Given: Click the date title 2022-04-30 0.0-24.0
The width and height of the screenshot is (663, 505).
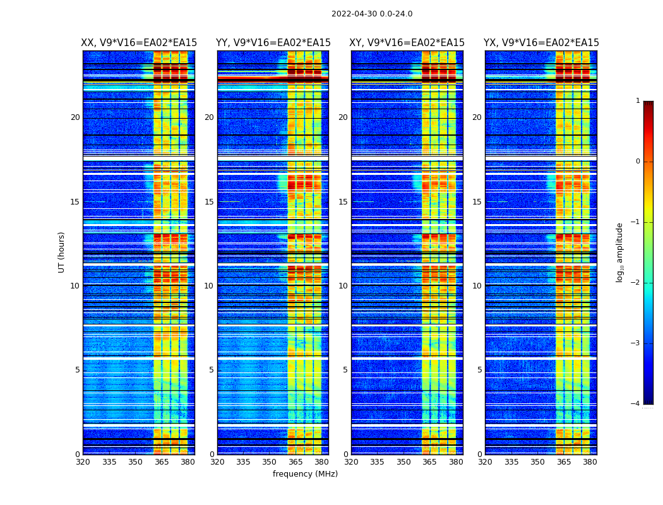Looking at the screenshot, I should [x=372, y=14].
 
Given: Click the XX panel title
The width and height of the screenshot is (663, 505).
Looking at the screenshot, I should [x=139, y=43].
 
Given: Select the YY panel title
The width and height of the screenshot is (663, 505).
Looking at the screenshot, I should [x=273, y=43].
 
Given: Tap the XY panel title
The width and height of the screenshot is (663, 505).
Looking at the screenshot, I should [x=407, y=43].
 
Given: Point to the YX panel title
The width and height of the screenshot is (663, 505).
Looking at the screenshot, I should [x=541, y=43].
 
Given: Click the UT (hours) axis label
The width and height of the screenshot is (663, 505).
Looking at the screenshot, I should [x=61, y=252].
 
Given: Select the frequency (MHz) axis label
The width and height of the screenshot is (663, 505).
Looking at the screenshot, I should [x=305, y=474].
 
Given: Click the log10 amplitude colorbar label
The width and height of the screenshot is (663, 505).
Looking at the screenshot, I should [x=620, y=252].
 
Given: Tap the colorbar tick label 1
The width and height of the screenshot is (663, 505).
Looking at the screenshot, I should [x=638, y=101].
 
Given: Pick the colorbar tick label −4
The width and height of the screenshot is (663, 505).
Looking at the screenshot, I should [x=636, y=404].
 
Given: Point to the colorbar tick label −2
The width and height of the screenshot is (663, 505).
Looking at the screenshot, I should [x=636, y=283].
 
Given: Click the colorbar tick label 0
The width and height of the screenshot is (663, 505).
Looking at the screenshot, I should [x=638, y=162].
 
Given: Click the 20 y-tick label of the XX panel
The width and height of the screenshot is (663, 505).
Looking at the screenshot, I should [x=75, y=117].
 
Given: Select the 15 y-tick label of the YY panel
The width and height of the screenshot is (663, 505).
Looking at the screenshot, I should [x=209, y=202].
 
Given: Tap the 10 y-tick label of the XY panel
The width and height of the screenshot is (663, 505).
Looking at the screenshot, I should [x=343, y=286].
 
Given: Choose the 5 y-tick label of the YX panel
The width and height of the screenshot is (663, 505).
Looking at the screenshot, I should [x=479, y=370].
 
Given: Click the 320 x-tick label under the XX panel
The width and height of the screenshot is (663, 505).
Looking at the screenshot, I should [x=83, y=462].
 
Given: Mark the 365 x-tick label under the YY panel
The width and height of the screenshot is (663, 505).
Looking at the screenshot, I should [x=296, y=462].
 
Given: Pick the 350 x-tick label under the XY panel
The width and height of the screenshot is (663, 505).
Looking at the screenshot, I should [x=403, y=462].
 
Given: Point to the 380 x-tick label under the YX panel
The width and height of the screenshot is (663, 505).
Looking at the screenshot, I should [x=590, y=462].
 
